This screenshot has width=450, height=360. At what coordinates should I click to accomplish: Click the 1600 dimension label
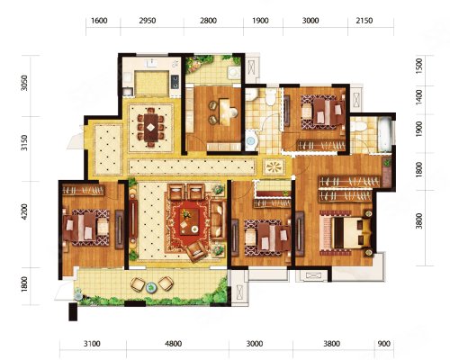coord(99,21)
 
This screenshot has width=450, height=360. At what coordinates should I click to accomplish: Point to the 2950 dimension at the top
coord(148,21)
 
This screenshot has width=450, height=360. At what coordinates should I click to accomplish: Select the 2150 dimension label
coord(364,21)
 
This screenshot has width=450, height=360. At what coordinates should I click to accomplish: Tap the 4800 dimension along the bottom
coord(174,344)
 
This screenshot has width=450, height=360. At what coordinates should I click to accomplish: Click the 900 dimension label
coord(384,344)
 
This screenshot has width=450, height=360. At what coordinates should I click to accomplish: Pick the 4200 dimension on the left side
coord(24,212)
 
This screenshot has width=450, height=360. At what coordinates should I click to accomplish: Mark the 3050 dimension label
coord(24,83)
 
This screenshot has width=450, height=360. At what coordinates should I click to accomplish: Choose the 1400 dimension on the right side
coord(419,97)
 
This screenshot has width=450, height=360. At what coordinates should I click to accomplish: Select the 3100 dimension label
coord(92,344)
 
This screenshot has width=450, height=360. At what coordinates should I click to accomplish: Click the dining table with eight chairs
coord(151,128)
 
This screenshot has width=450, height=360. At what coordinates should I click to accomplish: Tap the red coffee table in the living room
coord(190,221)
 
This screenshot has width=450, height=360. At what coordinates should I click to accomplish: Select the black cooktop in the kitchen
coord(175,82)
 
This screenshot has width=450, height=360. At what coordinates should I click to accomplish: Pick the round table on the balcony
coord(151,288)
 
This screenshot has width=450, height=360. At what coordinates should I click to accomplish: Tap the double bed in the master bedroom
coord(346,232)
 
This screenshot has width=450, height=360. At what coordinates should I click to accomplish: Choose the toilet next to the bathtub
coord(358,126)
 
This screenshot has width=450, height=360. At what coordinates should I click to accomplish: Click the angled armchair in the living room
coord(196,251)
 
